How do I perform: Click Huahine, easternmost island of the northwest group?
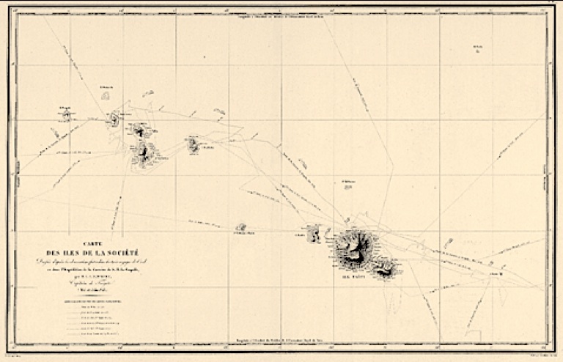click(194, 144)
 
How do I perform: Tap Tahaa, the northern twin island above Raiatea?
click(139, 130)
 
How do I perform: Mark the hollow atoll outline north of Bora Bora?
click(106, 95)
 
